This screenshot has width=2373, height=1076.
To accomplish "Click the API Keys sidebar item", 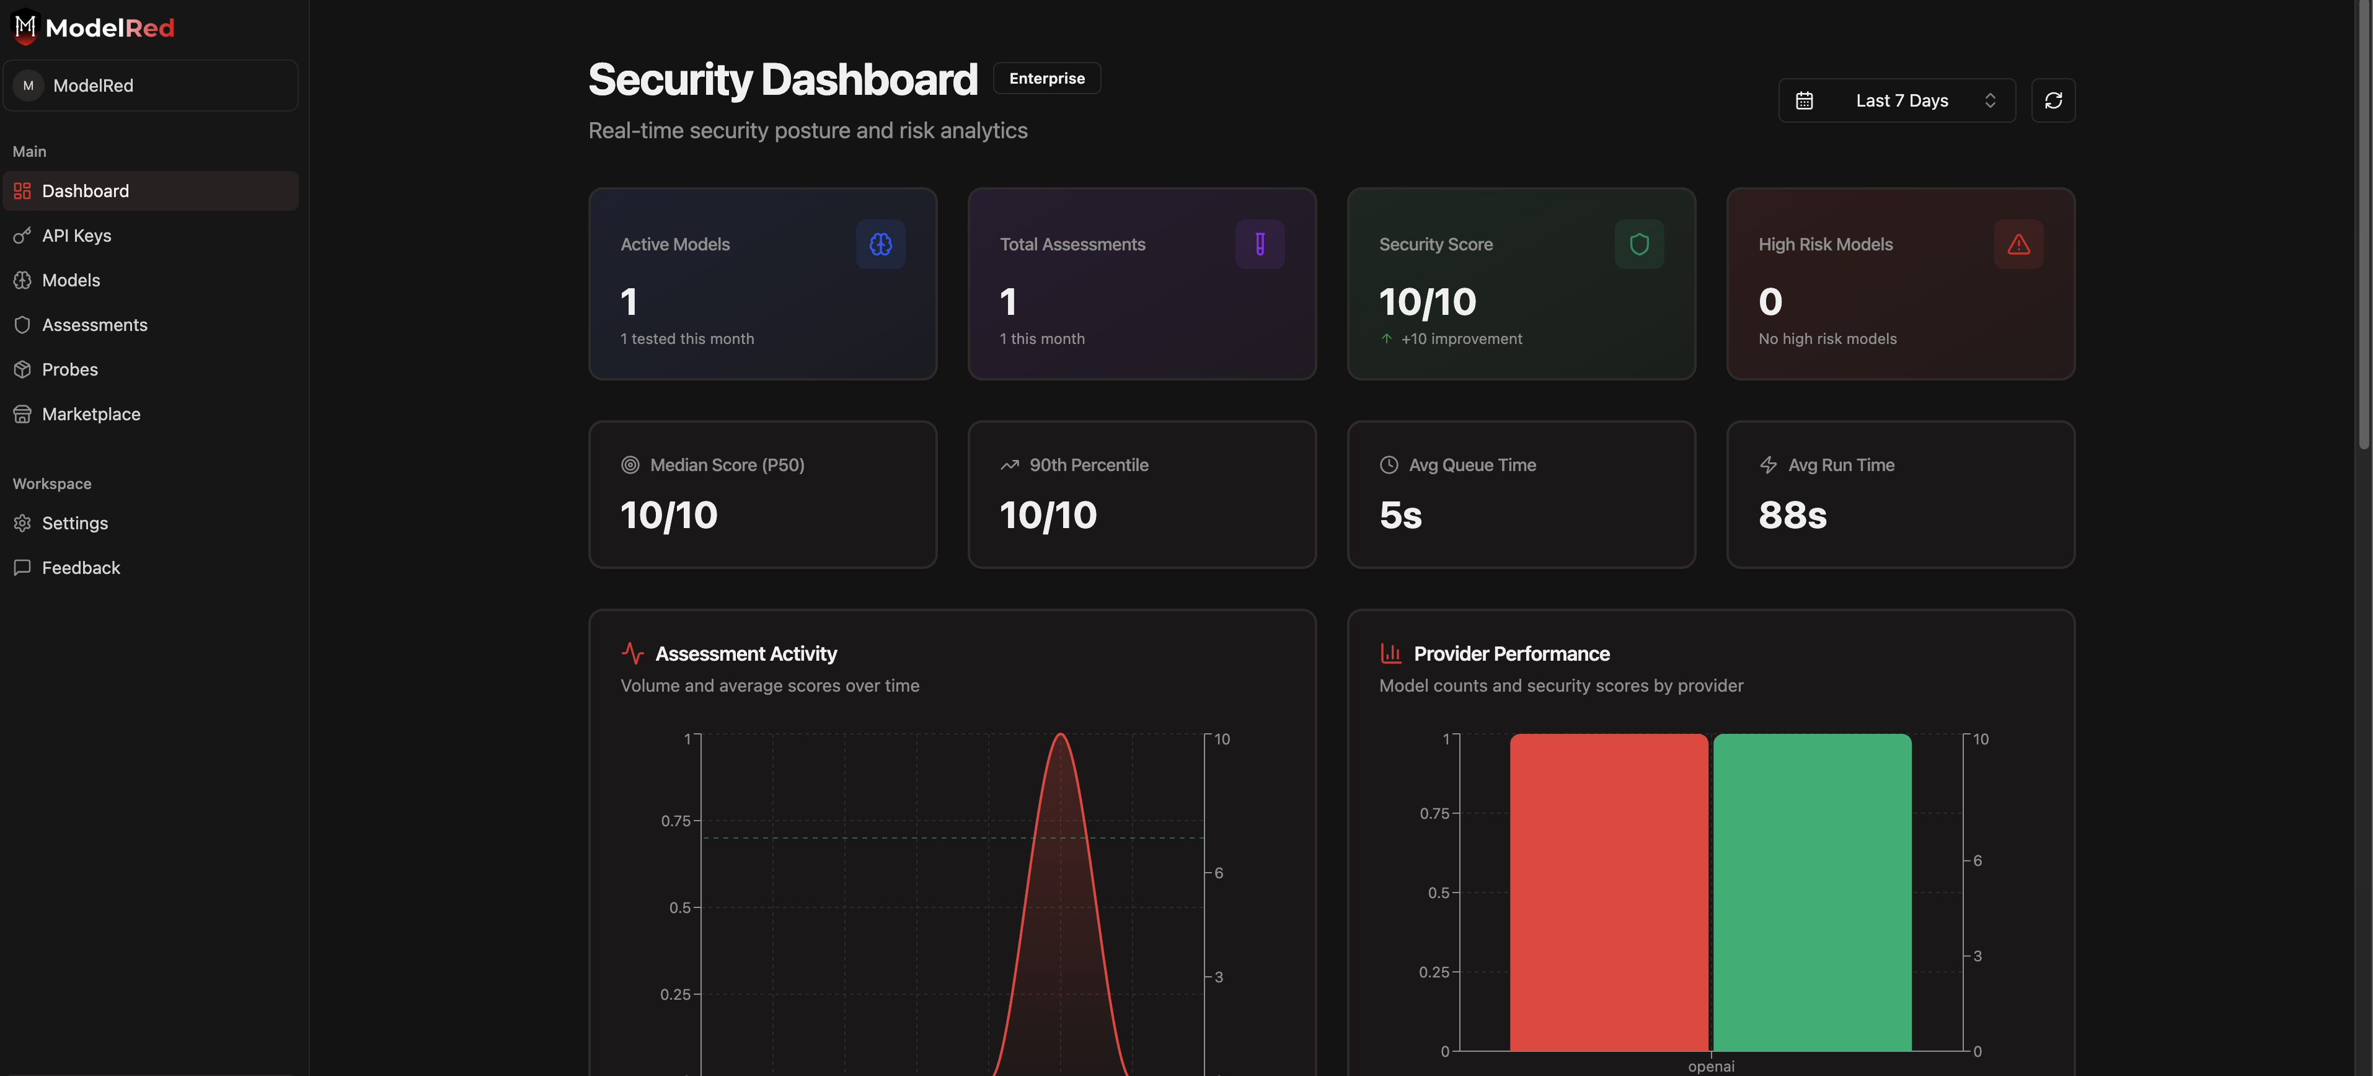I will (x=76, y=236).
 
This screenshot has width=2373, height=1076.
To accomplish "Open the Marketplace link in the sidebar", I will (x=91, y=415).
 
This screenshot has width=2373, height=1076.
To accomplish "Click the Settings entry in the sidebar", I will (x=74, y=523).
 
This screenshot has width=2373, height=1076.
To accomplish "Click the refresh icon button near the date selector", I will (x=2053, y=100).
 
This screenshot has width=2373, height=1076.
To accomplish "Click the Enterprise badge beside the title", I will (x=1046, y=78).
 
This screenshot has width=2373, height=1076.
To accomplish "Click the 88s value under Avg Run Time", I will (x=1792, y=515).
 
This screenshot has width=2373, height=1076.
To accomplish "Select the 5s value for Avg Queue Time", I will (x=1400, y=515).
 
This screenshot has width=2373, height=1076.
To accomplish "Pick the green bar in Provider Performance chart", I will (x=1811, y=892).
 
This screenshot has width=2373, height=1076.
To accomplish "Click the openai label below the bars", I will (x=1711, y=1066).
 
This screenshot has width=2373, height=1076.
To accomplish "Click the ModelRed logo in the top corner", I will (x=94, y=28).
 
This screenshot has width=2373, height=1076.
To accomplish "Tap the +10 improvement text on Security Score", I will (x=1461, y=339).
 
